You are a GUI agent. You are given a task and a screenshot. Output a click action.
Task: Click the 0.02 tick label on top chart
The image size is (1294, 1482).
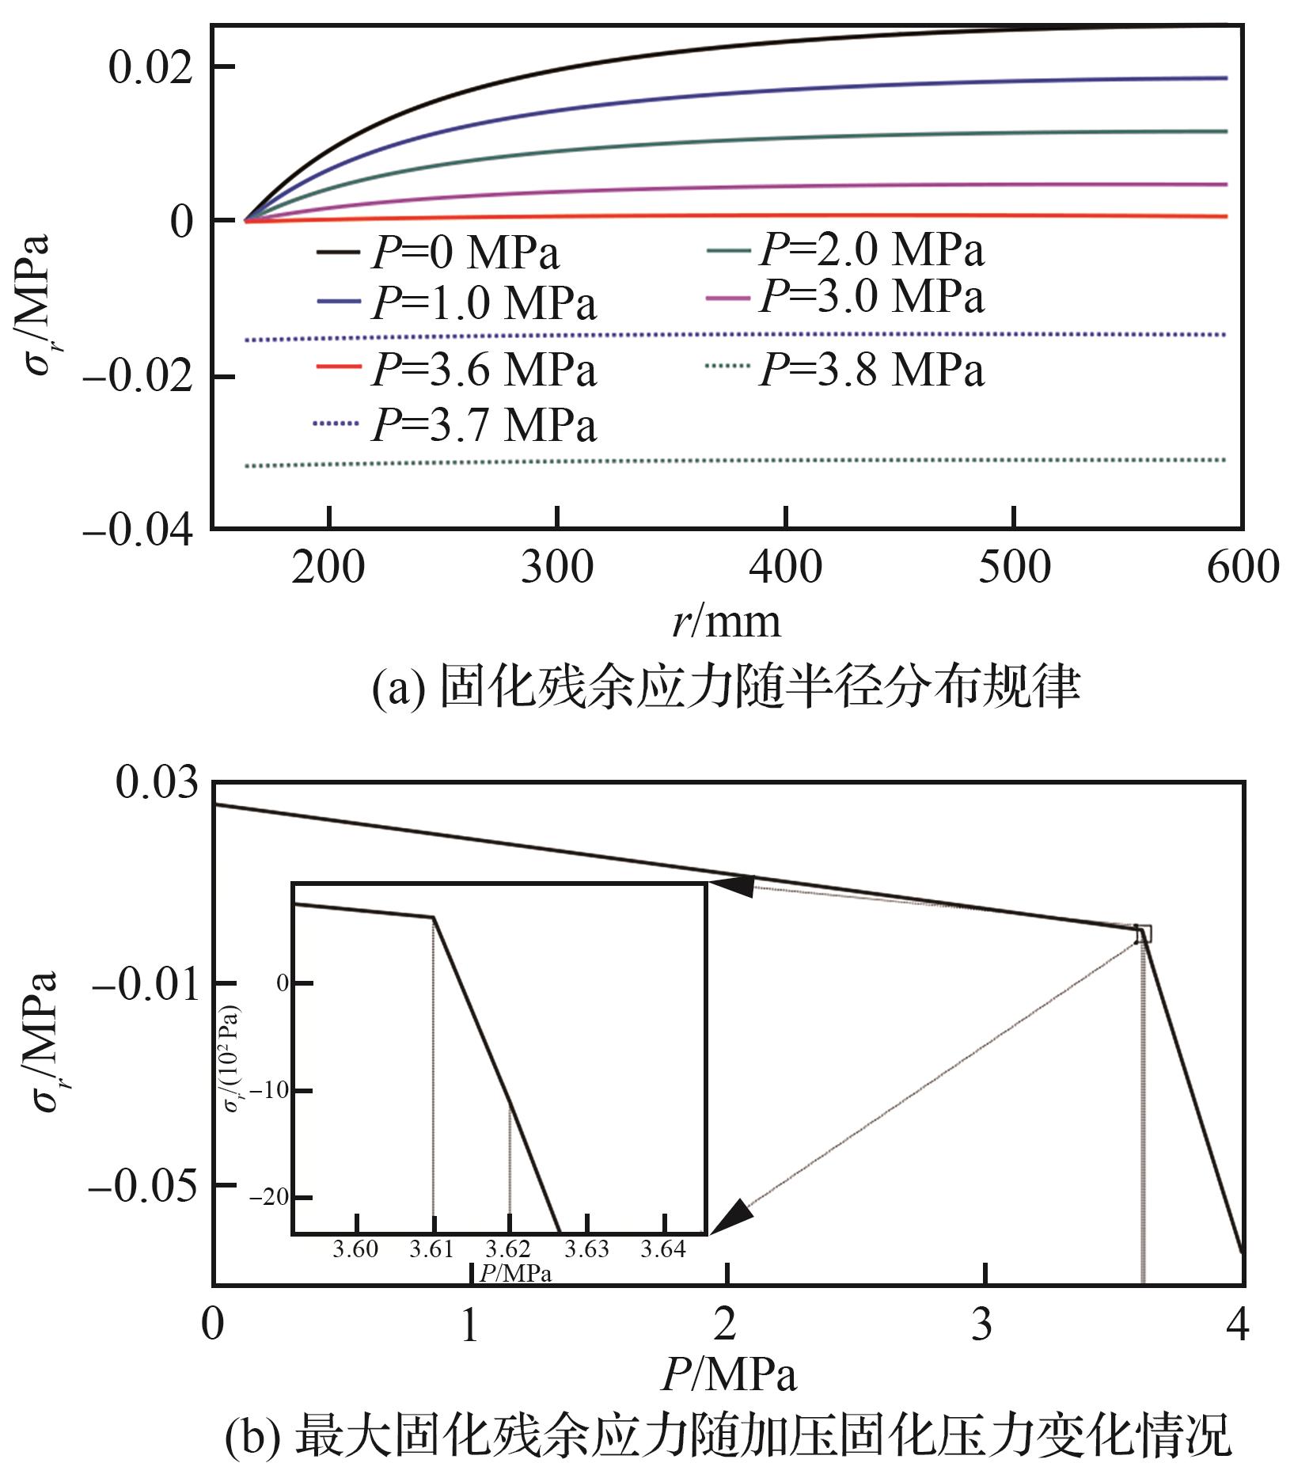tap(150, 67)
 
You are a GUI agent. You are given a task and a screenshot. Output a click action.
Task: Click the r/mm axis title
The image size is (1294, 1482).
tap(727, 621)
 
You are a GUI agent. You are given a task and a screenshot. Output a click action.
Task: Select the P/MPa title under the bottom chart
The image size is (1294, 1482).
tap(728, 1375)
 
